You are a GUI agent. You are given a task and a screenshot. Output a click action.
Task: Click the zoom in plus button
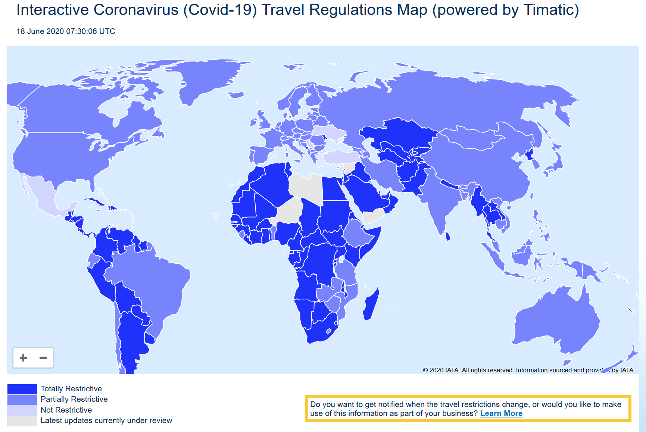[x=23, y=358]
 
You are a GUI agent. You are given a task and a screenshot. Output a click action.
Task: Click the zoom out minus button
[x=43, y=358]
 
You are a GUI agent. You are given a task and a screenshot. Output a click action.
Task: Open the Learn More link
[x=501, y=413]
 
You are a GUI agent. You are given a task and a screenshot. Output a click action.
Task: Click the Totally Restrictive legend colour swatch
[x=22, y=389]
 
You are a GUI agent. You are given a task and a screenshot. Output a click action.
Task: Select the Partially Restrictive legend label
[x=74, y=399]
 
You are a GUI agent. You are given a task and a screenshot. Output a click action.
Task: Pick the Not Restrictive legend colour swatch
[x=22, y=410]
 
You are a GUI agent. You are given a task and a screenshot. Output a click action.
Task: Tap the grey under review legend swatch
[x=22, y=421]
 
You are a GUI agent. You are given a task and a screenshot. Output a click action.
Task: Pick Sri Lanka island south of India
[x=448, y=236]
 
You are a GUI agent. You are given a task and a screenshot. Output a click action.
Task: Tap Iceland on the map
[x=236, y=94]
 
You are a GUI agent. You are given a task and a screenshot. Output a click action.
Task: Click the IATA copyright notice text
[x=528, y=370]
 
